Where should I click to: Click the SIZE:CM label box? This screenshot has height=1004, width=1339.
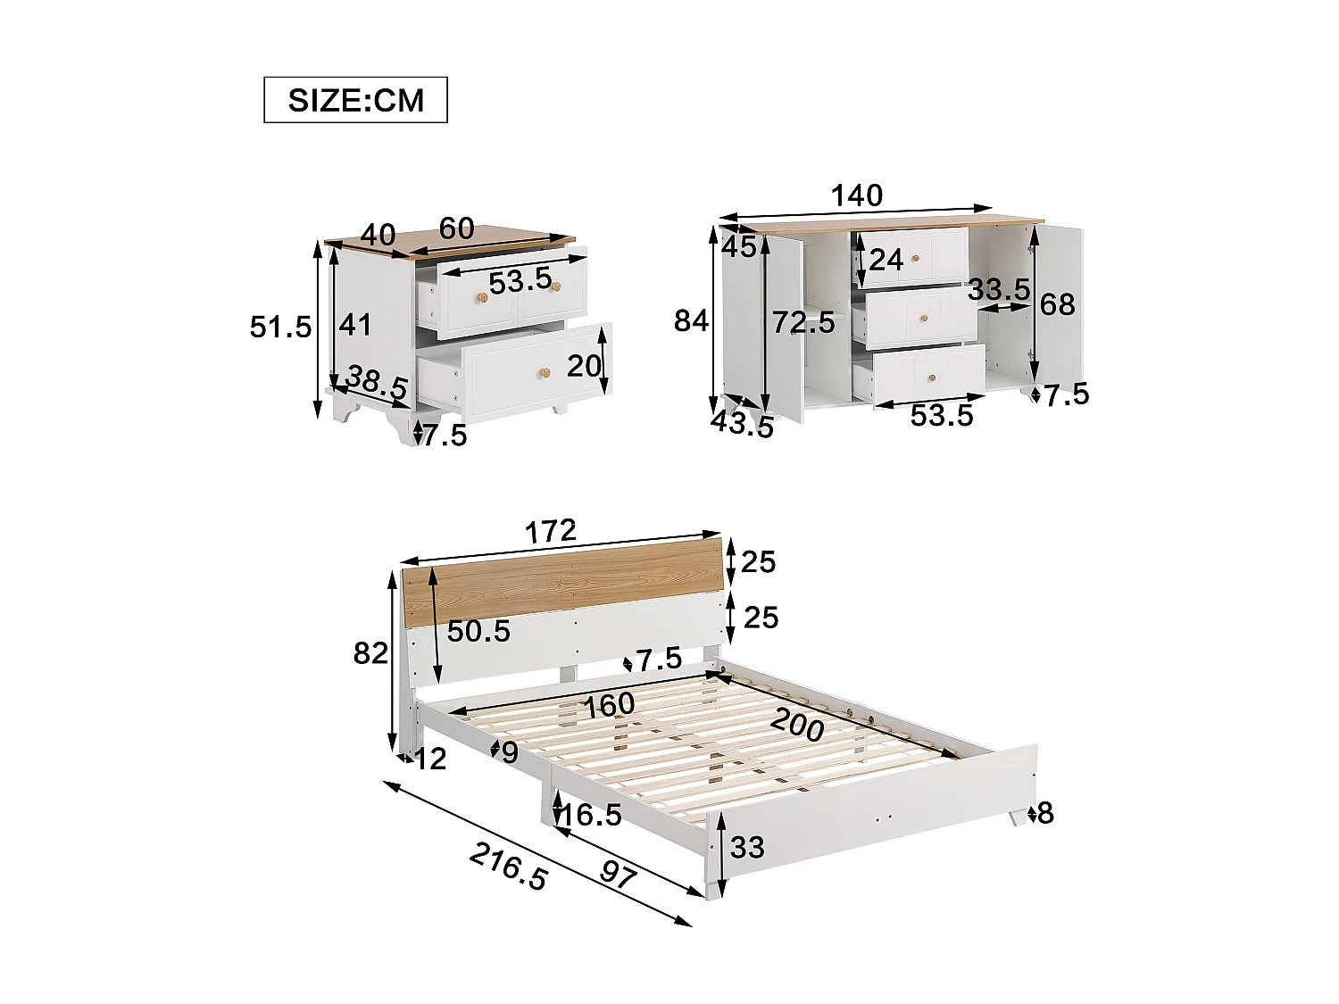[355, 100]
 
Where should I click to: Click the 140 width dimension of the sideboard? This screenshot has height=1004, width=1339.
[856, 195]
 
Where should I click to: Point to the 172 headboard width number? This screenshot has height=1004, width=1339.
[550, 532]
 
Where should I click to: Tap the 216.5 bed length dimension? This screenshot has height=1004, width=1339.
[508, 867]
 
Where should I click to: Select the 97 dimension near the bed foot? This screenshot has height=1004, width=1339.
[618, 873]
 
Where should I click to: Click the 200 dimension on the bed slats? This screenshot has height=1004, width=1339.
[797, 725]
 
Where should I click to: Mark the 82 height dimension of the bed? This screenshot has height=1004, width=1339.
[370, 653]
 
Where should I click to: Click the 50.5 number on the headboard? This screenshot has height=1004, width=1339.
[478, 632]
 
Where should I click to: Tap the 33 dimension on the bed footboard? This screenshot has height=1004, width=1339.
[746, 847]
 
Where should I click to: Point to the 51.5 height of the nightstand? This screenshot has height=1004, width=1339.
[280, 327]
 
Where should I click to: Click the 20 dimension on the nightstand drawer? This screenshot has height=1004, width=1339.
[584, 366]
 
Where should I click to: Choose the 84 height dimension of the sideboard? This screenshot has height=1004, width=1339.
[691, 320]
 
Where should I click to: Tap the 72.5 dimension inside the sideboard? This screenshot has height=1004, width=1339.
[803, 322]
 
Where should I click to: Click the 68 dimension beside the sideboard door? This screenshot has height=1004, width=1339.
[1057, 304]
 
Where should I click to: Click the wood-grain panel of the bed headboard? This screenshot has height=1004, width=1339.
[562, 585]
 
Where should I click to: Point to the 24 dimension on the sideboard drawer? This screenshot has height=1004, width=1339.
[886, 260]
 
